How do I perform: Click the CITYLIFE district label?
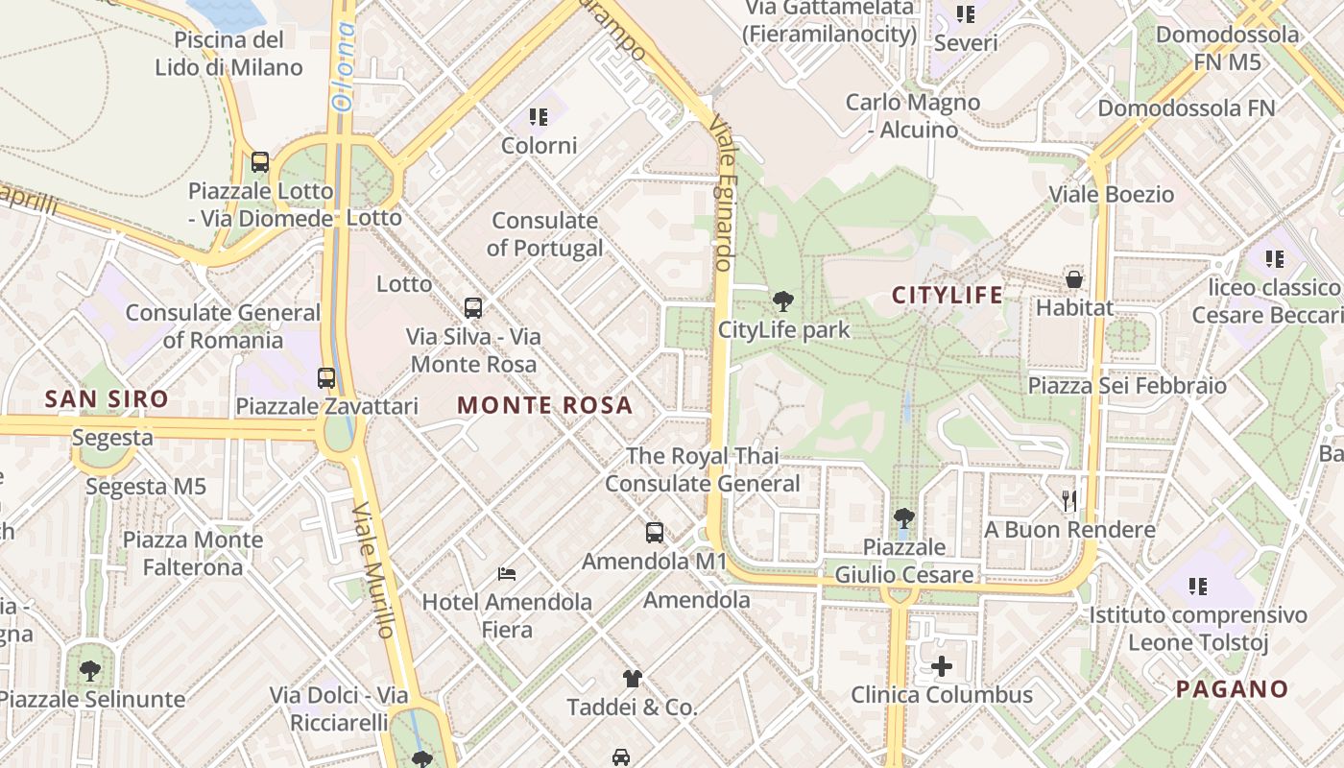tap(948, 295)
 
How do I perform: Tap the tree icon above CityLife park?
tap(783, 301)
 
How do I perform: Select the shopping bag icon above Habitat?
tap(1074, 279)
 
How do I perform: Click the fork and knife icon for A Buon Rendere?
tap(1069, 501)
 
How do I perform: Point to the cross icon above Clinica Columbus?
tap(942, 666)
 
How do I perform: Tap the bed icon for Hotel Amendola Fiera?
tap(507, 574)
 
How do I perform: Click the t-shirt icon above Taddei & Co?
tap(632, 679)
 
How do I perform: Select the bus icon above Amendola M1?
tap(655, 532)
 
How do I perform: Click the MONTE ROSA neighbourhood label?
tap(545, 405)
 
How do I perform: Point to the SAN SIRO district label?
tap(107, 398)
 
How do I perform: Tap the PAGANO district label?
tap(1232, 688)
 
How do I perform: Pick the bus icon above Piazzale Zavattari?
tap(326, 377)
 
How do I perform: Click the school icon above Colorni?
tap(539, 117)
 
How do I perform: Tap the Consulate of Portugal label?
tap(544, 234)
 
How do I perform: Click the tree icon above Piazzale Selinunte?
tap(91, 670)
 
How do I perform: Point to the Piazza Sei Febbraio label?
tap(1127, 386)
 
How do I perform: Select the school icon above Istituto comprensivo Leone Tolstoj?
tap(1197, 586)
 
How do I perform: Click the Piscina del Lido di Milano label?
tap(229, 54)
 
